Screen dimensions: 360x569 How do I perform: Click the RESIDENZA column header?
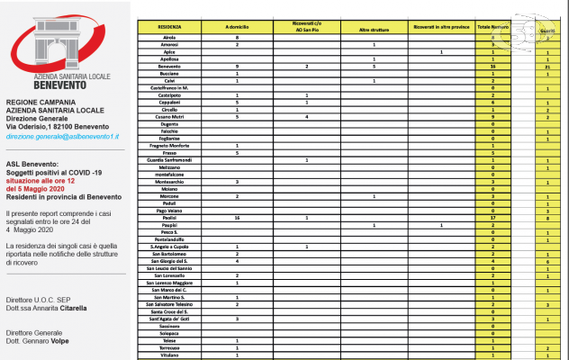[171, 28]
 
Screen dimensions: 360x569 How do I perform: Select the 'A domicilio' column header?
[236, 28]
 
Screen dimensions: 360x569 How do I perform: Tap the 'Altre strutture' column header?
[374, 28]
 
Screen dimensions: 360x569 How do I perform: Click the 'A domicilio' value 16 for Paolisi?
[236, 217]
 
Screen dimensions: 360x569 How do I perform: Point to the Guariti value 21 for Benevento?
[547, 67]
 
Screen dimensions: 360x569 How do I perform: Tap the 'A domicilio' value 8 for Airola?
[236, 38]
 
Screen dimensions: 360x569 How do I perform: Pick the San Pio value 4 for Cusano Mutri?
[306, 116]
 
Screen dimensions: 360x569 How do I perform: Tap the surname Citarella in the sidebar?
[68, 308]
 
